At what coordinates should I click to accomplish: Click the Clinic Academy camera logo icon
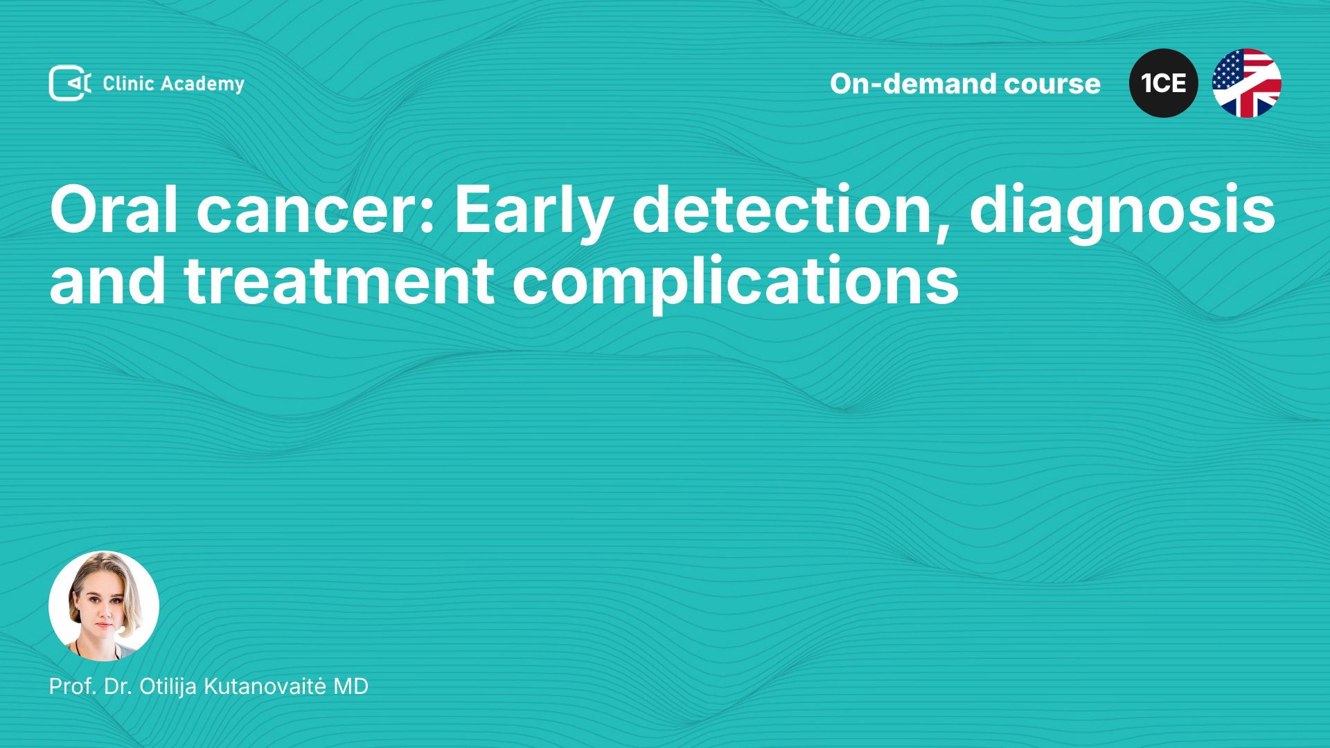point(70,83)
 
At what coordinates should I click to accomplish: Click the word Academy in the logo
point(202,84)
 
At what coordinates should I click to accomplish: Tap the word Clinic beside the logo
point(128,83)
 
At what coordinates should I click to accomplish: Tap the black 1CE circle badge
point(1164,83)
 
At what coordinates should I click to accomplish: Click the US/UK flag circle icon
point(1247,83)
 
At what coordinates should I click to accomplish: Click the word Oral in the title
point(114,209)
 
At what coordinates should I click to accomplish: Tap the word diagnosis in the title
point(1122,213)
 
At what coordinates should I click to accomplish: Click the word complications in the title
point(736,283)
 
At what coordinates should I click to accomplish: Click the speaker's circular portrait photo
point(104,606)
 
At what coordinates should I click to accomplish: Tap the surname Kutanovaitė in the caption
point(265,686)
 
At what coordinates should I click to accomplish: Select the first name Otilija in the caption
point(168,686)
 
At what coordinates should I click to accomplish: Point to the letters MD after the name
point(351,686)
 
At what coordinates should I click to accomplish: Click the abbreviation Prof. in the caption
point(73,686)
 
